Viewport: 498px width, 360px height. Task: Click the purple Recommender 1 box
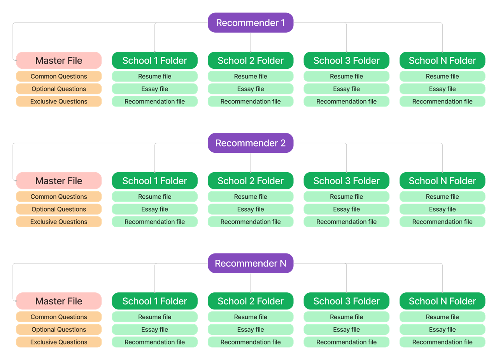(250, 23)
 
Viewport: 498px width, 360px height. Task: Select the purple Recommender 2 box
(250, 143)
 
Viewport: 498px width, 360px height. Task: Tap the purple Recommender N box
(250, 263)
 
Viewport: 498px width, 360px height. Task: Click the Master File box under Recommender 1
(59, 61)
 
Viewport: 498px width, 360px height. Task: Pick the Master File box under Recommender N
(59, 301)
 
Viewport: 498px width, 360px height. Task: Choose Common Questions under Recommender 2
(59, 197)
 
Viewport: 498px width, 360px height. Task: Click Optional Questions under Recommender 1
(59, 89)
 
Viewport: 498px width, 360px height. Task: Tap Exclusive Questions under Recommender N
(59, 342)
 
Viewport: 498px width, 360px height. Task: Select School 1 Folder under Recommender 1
(154, 61)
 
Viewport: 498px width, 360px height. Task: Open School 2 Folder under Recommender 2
(250, 181)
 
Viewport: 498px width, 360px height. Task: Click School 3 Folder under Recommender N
(346, 301)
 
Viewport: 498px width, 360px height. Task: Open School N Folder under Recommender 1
(442, 61)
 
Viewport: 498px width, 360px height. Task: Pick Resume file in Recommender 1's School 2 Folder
(250, 77)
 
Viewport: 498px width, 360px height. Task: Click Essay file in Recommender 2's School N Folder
(442, 209)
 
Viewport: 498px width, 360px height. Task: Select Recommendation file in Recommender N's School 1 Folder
(154, 342)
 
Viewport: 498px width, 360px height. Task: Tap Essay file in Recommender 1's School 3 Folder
(346, 89)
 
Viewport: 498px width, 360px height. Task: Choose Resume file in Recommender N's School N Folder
(442, 317)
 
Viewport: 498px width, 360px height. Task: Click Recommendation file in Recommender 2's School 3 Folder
(346, 222)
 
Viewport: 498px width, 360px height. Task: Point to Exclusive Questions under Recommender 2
(59, 222)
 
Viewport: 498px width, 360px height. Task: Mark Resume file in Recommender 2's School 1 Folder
(154, 197)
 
